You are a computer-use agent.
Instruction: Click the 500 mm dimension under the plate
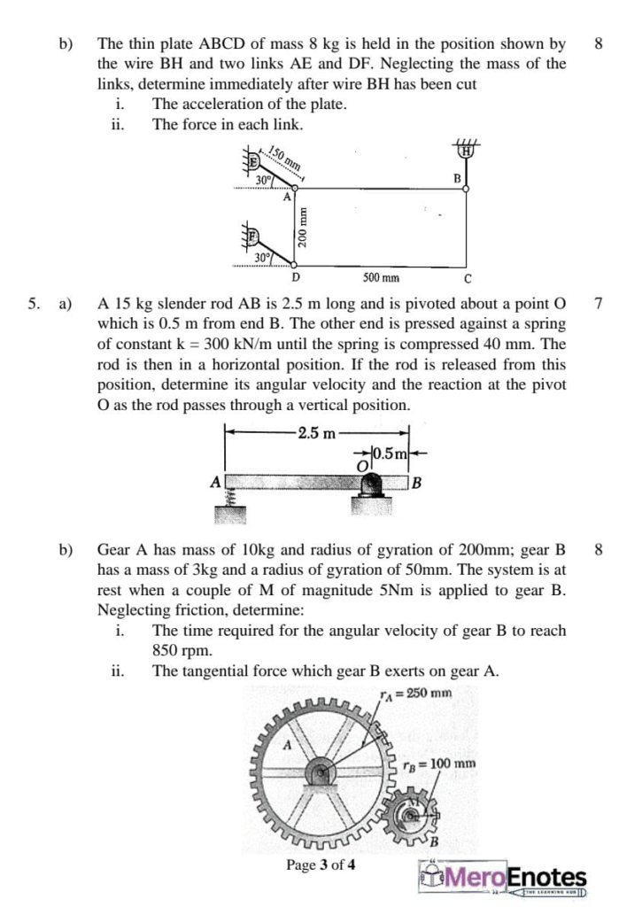coord(380,277)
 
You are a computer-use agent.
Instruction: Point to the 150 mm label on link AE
coord(285,160)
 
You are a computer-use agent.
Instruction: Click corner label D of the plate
coord(295,276)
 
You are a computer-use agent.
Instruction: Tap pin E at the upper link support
coord(253,161)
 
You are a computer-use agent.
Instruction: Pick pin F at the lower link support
coord(253,236)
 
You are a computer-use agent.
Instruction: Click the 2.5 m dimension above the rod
coord(316,433)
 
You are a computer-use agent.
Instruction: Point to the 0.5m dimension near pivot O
coord(391,455)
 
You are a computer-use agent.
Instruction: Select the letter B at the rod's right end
coord(415,484)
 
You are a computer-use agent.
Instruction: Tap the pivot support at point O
coord(371,486)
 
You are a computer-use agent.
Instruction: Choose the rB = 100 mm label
coord(439,764)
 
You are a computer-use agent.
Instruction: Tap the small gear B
coord(411,812)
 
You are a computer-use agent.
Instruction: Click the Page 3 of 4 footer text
coord(321,864)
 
